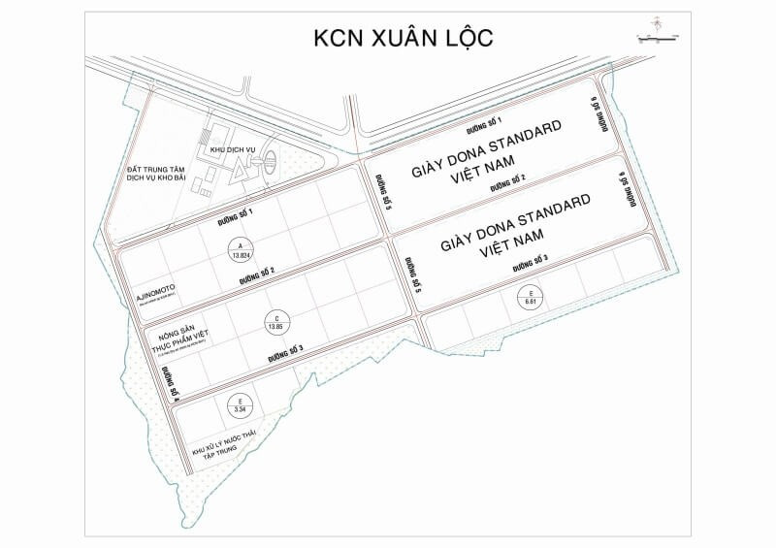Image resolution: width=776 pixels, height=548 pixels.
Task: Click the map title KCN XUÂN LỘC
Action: tap(404, 38)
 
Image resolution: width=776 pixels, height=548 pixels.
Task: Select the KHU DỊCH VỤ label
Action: tap(230, 150)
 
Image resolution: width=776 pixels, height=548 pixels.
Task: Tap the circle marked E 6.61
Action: tap(530, 297)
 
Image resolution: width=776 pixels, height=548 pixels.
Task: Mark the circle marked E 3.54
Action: tap(240, 405)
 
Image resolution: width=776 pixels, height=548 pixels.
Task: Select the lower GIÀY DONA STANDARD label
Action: tap(514, 223)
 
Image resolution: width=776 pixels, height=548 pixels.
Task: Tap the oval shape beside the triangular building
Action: tap(270, 160)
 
